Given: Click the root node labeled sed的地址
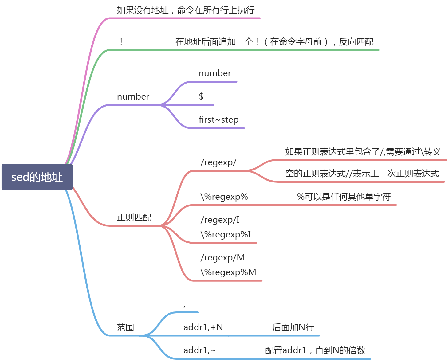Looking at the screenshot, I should click(37, 177).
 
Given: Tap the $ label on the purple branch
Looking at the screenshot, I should click(201, 96).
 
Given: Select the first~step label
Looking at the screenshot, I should click(218, 119).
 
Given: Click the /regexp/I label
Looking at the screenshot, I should click(220, 220).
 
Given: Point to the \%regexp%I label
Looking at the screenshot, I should click(226, 235).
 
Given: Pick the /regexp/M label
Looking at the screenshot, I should click(222, 258).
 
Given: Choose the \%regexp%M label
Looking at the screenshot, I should click(228, 272).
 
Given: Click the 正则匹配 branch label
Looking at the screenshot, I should click(134, 218).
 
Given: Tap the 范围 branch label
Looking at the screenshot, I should click(125, 327).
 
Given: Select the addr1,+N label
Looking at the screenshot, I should click(203, 327).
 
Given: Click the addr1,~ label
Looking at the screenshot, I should click(199, 350).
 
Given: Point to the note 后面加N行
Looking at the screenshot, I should click(293, 327).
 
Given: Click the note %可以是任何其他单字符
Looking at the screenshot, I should click(344, 197).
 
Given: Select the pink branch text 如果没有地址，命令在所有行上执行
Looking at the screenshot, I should click(186, 10).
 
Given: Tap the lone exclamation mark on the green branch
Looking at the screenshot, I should click(121, 41).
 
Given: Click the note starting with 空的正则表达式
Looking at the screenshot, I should click(362, 174).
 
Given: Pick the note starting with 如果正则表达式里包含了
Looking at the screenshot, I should click(363, 152).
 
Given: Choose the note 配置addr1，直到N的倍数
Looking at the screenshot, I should click(315, 350).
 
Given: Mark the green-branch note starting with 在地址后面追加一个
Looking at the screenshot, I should click(274, 42).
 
